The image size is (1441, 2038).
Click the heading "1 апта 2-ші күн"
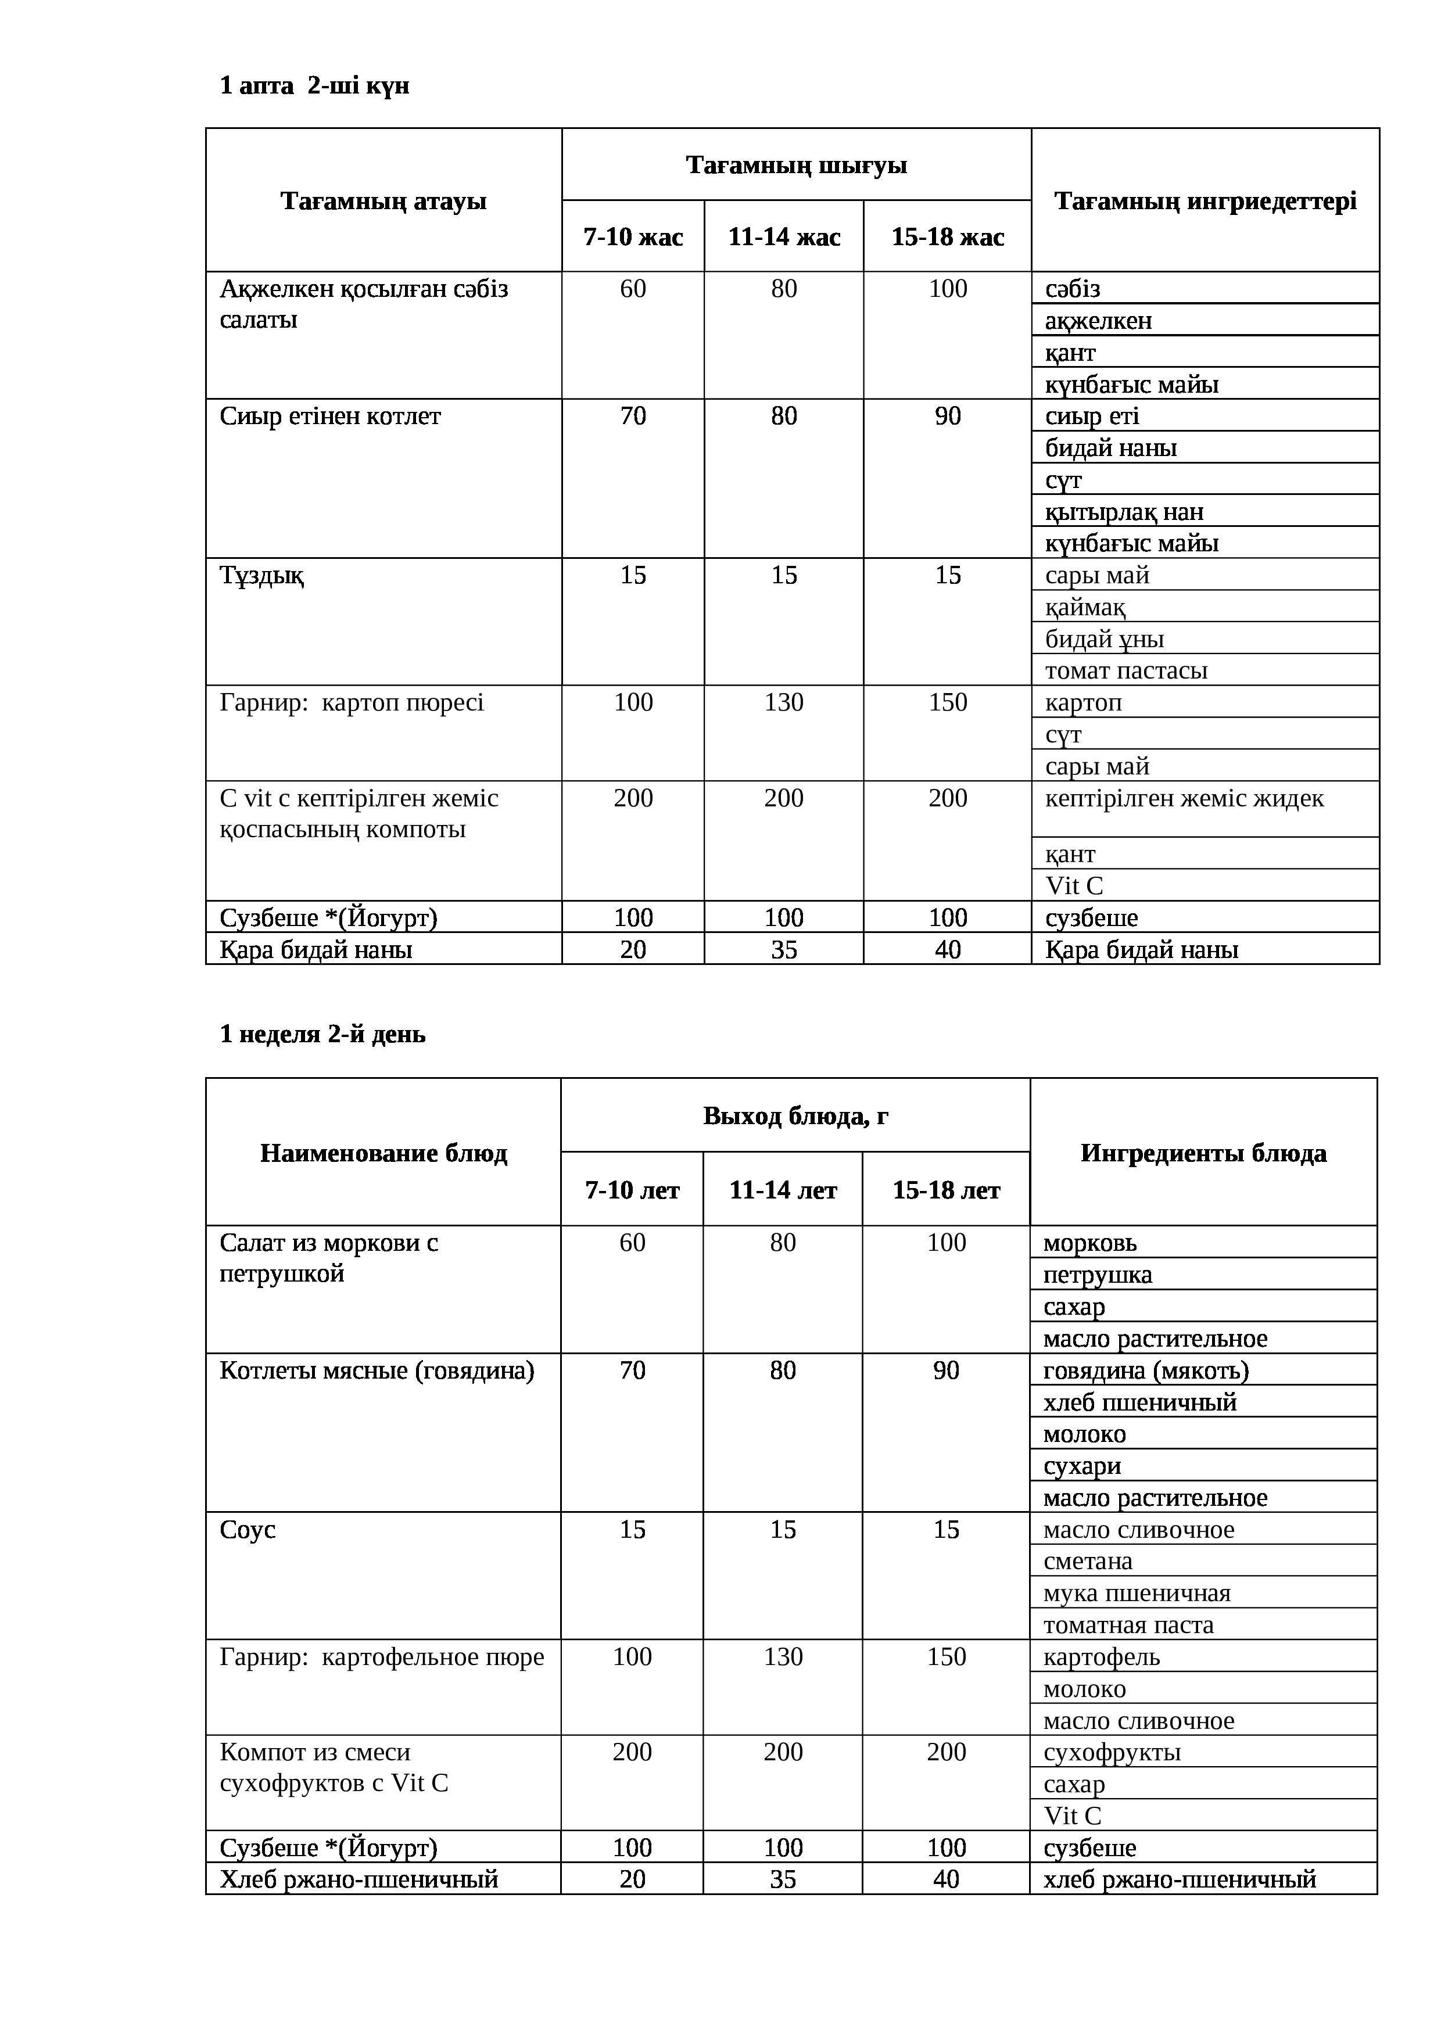pos(314,86)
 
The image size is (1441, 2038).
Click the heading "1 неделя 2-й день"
pos(322,1034)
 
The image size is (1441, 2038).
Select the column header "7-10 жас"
pos(632,237)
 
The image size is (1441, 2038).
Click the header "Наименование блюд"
pos(383,1153)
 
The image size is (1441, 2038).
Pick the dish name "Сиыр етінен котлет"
pos(330,417)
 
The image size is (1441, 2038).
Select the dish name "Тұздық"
pos(262,575)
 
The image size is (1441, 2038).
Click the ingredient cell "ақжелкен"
pos(1098,321)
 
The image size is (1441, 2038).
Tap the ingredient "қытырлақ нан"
pos(1124,512)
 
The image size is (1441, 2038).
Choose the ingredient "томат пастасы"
pos(1126,671)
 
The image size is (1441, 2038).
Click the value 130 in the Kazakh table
pos(783,703)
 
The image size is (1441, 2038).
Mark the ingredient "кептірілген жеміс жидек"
pos(1184,799)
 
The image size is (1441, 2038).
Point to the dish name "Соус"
pos(248,1530)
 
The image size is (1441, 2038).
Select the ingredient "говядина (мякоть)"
pos(1145,1370)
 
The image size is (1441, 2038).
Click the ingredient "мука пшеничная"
pos(1137,1594)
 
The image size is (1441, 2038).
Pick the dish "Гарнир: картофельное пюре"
pos(382,1657)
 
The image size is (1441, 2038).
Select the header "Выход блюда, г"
pos(795,1116)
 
